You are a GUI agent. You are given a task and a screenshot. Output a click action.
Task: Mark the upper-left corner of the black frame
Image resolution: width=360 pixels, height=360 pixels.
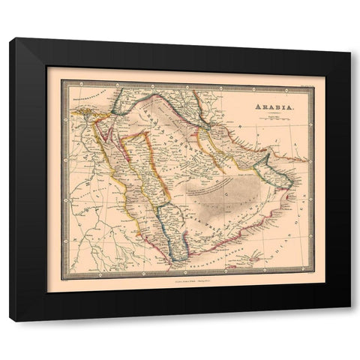11,40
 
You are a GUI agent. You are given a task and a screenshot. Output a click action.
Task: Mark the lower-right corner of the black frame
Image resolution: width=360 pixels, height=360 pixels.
349,320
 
